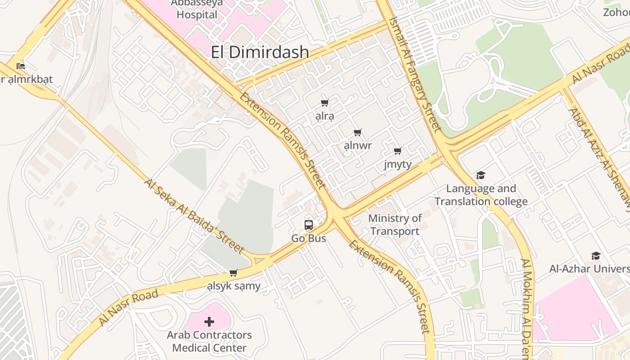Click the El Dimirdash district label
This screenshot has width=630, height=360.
[x=260, y=53]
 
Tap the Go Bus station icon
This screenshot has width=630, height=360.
[x=309, y=225]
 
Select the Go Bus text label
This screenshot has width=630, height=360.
[x=309, y=238]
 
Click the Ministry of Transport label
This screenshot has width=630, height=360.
[x=395, y=225]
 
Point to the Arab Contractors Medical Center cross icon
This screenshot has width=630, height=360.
[x=209, y=322]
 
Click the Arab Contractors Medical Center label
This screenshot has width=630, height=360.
[x=209, y=341]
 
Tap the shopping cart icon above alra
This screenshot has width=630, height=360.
[x=324, y=103]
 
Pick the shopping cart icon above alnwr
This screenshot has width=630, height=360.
[x=357, y=132]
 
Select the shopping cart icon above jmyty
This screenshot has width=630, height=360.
[x=397, y=151]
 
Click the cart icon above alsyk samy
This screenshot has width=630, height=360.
[x=233, y=273]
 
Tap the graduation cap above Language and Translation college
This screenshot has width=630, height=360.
[x=481, y=175]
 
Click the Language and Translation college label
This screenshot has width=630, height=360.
[x=481, y=195]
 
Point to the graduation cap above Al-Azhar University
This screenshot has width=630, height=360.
[x=596, y=256]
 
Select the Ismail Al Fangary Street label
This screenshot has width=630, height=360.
[x=415, y=74]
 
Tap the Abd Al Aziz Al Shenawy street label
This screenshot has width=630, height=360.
[x=598, y=157]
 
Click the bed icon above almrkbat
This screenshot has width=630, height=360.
[x=21, y=66]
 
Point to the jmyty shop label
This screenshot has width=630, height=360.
[x=397, y=164]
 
